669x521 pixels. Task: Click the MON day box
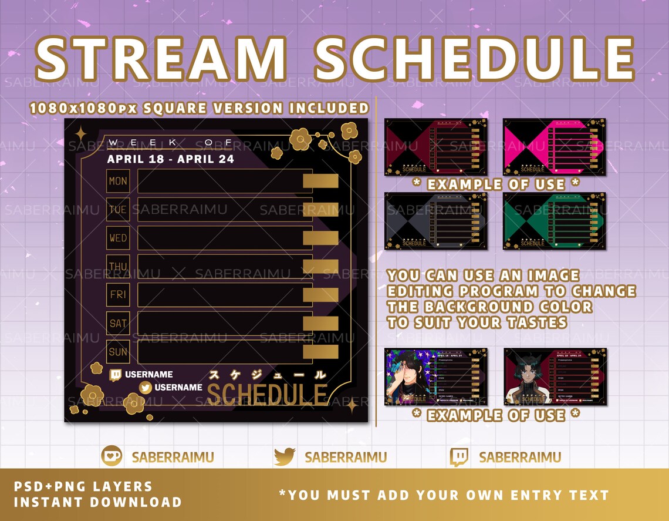tap(118, 181)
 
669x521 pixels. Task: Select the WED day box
tap(118, 238)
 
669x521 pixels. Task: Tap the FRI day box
tap(118, 294)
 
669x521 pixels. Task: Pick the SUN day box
tap(118, 351)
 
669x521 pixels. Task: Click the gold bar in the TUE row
tap(320, 210)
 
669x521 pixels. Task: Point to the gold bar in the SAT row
tap(320, 323)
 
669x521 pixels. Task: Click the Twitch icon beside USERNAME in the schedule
tap(116, 375)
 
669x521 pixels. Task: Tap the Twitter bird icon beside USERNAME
tap(146, 388)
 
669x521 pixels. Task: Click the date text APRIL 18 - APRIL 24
tap(170, 159)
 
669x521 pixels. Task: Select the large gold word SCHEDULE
tap(267, 395)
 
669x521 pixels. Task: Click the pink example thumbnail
tap(554, 147)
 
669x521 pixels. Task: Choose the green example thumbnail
tap(554, 221)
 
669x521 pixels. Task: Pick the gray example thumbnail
tap(435, 221)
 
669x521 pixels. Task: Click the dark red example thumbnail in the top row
tap(435, 147)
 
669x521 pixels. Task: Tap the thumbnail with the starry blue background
tap(435, 377)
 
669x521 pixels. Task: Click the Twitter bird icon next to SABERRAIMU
tap(285, 456)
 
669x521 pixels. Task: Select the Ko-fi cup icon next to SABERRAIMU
tap(112, 456)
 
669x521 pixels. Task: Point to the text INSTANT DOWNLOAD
tap(97, 502)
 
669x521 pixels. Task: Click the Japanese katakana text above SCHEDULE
tap(267, 374)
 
